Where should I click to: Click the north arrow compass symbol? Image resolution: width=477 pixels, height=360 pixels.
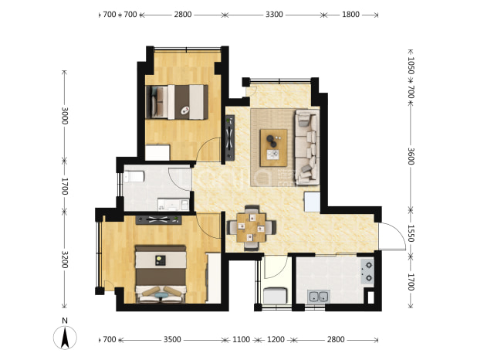[x=65, y=338]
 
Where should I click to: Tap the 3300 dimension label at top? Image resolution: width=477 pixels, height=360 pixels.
[x=274, y=15]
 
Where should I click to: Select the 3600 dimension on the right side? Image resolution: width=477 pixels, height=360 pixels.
[x=411, y=156]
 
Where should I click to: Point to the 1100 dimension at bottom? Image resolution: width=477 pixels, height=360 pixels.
[x=242, y=339]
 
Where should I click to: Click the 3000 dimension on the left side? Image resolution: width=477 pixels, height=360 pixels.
[x=65, y=116]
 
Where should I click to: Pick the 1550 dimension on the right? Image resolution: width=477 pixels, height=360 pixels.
[x=411, y=233]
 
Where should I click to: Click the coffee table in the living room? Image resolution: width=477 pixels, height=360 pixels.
[x=273, y=148]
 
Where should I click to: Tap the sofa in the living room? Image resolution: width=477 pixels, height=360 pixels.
[x=307, y=147]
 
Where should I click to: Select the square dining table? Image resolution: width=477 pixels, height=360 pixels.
[x=252, y=228]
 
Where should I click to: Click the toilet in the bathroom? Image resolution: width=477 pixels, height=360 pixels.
[x=134, y=177]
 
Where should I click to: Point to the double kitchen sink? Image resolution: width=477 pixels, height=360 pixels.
[x=319, y=296]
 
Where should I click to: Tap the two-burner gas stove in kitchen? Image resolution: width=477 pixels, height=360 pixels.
[x=368, y=271]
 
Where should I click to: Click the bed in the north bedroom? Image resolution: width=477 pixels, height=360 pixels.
[x=177, y=102]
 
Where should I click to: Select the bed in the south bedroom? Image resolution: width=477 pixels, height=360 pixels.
[x=161, y=274]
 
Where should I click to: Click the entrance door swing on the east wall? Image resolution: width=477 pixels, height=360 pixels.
[x=392, y=236]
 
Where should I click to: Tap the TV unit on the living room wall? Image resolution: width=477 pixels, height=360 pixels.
[x=230, y=138]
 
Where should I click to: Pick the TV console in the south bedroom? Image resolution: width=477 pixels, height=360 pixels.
[x=158, y=220]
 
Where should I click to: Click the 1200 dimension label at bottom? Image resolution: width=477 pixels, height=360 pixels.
[x=276, y=339]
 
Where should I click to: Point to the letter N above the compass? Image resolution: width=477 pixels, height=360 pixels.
[x=65, y=321]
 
